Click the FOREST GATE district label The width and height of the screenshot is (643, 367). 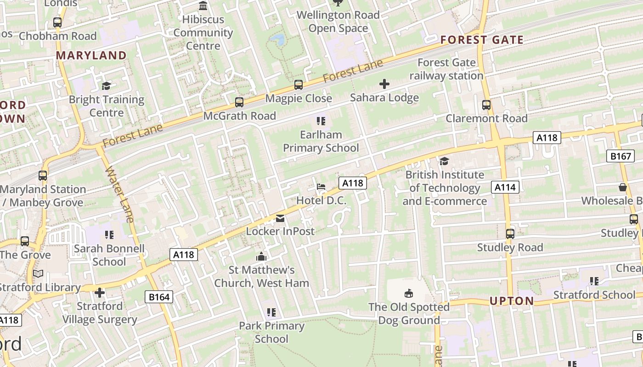[482, 40]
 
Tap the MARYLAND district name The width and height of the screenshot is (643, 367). [91, 56]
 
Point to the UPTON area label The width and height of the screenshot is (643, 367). [512, 301]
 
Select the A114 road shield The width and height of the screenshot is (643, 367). [506, 187]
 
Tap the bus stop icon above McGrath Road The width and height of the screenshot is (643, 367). [239, 102]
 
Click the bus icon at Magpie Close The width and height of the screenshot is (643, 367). [299, 85]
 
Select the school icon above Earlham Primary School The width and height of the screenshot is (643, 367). [321, 121]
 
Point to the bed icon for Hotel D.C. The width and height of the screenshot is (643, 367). [321, 187]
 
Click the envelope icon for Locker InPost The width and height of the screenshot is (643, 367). [280, 218]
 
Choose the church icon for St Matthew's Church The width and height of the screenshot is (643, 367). [261, 256]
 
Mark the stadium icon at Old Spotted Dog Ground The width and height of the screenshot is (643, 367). [409, 293]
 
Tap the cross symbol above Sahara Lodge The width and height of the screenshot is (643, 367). [384, 84]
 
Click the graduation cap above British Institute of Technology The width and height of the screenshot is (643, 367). [444, 161]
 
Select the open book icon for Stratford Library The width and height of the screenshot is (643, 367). [39, 274]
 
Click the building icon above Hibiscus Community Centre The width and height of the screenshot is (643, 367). [203, 6]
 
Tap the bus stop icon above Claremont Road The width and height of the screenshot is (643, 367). [486, 105]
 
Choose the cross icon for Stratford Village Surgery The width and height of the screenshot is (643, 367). [100, 292]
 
